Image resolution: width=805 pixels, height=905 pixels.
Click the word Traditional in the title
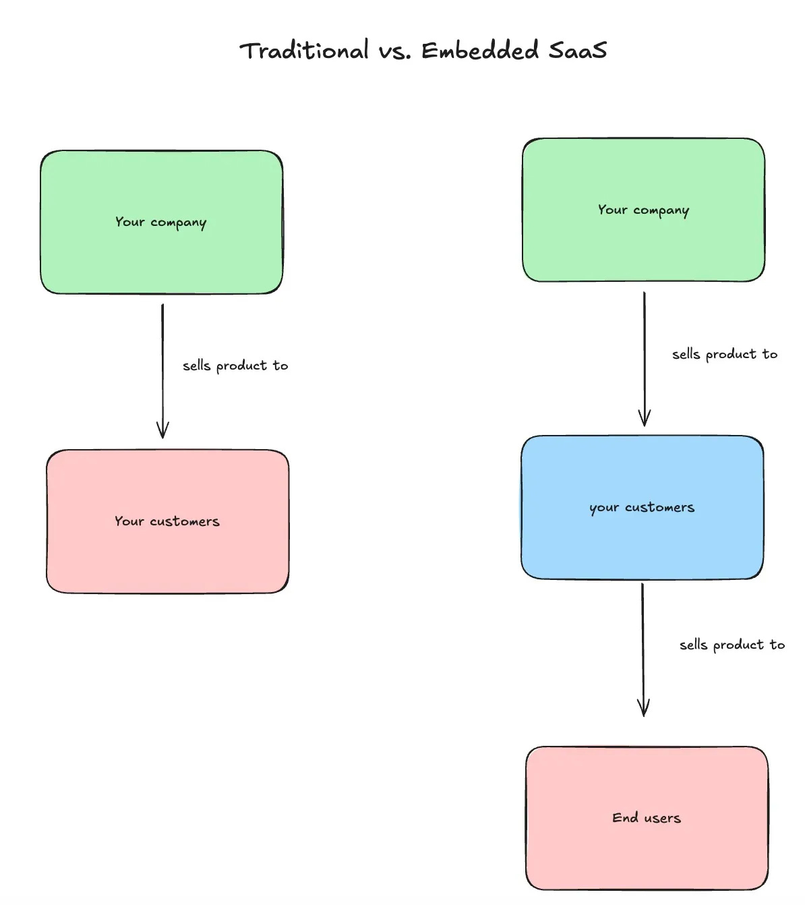pyautogui.click(x=304, y=51)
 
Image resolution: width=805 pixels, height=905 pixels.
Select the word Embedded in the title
pyautogui.click(x=480, y=51)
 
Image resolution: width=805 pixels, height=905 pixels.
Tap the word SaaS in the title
pyautogui.click(x=577, y=51)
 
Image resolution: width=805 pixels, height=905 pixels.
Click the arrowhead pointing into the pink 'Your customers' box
pyautogui.click(x=162, y=430)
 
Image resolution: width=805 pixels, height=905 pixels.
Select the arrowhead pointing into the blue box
pyautogui.click(x=645, y=418)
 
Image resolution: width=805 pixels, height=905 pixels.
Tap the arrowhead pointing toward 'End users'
pyautogui.click(x=644, y=708)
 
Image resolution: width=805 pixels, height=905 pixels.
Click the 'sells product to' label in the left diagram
pyautogui.click(x=235, y=366)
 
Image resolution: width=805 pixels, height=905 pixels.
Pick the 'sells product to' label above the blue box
pyautogui.click(x=725, y=354)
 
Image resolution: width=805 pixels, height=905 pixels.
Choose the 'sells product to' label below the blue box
pyautogui.click(x=732, y=645)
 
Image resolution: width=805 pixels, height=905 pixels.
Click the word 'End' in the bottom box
pyautogui.click(x=625, y=817)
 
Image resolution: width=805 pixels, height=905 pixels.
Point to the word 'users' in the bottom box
pyautogui.click(x=663, y=818)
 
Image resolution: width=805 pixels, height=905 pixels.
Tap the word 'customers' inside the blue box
pyautogui.click(x=659, y=507)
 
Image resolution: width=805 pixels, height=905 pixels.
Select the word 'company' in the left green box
pyautogui.click(x=179, y=223)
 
